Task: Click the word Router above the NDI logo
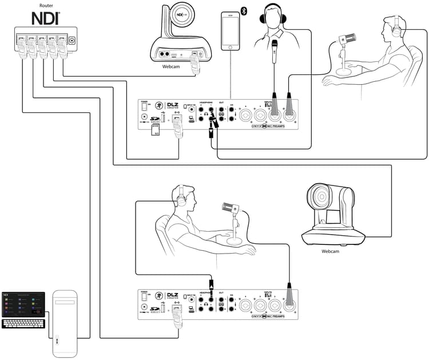pyautogui.click(x=39, y=5)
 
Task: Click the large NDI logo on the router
pyautogui.click(x=39, y=18)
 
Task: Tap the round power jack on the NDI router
pyautogui.click(x=72, y=40)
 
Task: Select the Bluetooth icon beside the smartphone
pyautogui.click(x=244, y=11)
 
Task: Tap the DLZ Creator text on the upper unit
pyautogui.click(x=173, y=106)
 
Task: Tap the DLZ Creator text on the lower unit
pyautogui.click(x=173, y=296)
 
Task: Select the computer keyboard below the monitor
pyautogui.click(x=23, y=323)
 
